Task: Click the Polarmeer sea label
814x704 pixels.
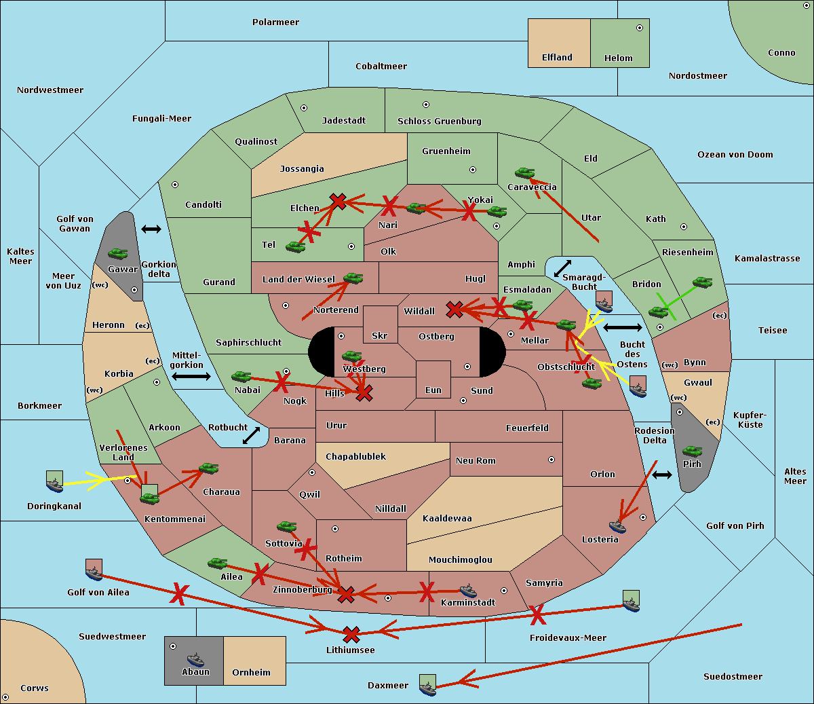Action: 275,22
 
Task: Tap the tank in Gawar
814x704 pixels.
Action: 118,254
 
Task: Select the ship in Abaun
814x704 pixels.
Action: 195,659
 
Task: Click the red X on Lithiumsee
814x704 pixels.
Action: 351,635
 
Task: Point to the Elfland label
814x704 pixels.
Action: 557,58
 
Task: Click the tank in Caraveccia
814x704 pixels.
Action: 524,174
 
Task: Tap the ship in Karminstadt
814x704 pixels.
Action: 468,591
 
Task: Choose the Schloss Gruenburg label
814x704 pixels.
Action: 439,122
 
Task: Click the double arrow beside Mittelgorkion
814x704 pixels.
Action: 191,376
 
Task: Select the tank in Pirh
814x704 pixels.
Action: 692,451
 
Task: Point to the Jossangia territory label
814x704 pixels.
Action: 302,169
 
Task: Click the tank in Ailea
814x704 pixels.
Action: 218,563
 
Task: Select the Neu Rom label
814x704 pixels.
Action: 476,461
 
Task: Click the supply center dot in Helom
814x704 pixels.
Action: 639,28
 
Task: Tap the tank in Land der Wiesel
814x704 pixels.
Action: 353,278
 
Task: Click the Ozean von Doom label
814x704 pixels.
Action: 735,155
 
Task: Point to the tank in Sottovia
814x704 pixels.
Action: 287,526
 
